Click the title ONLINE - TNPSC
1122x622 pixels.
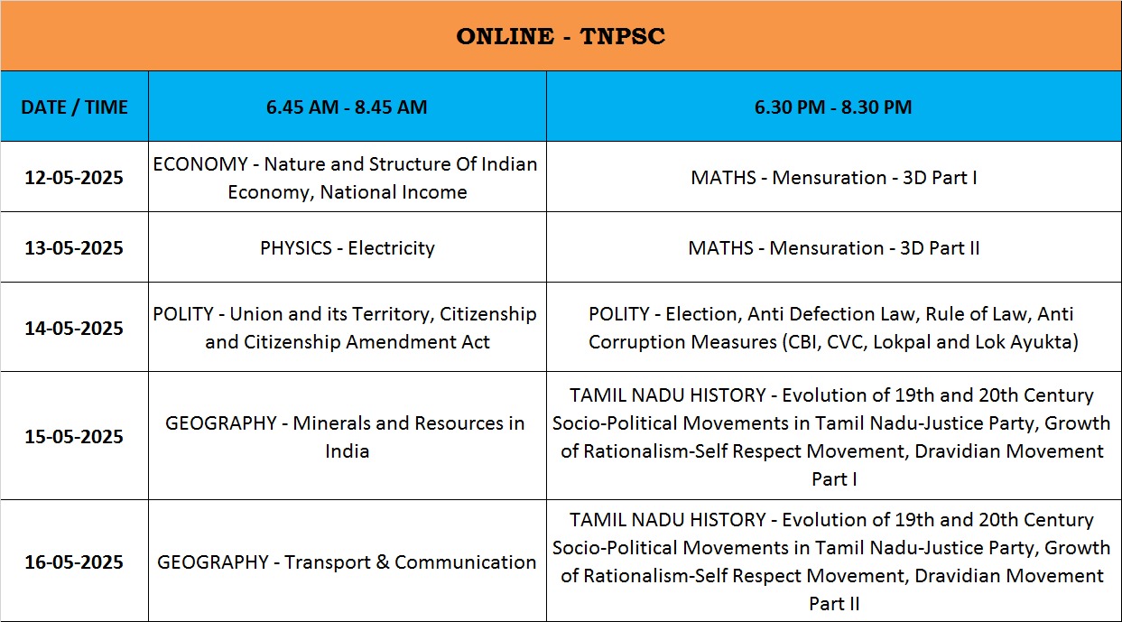point(561,36)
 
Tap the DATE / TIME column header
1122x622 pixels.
point(74,107)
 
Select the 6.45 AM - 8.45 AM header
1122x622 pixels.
point(347,107)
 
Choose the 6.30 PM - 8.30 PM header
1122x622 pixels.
point(833,107)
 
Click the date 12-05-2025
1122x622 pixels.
point(74,178)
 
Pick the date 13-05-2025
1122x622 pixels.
point(74,248)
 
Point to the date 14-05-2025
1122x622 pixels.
point(74,328)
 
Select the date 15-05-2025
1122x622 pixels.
point(74,436)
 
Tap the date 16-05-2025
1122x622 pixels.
point(74,562)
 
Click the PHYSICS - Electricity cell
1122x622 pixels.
point(348,248)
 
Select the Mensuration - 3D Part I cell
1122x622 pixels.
point(834,178)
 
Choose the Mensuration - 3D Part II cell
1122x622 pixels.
point(834,248)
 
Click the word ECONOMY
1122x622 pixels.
point(200,164)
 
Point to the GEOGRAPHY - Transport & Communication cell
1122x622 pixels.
point(347,562)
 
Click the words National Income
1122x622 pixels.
point(394,192)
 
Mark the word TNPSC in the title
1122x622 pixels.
point(623,36)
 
